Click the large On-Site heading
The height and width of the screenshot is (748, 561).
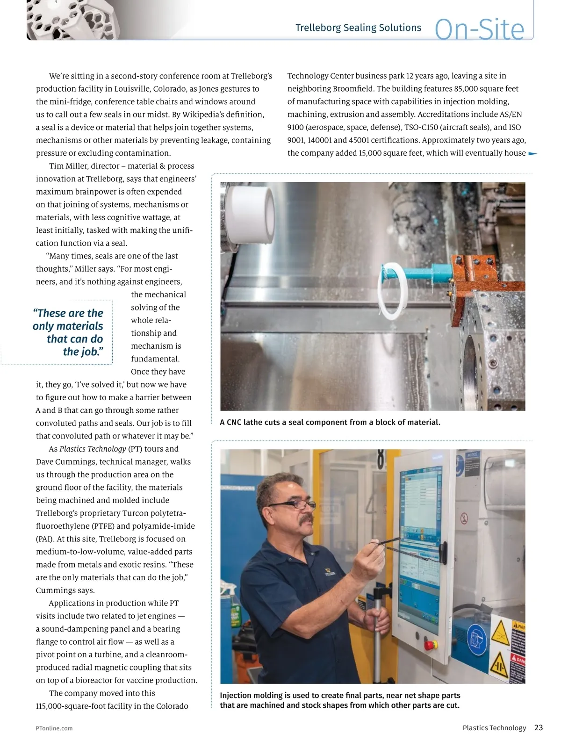479,29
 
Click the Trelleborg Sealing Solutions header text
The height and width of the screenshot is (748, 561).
358,28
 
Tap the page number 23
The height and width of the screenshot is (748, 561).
539,727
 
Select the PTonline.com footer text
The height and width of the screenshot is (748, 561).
54,728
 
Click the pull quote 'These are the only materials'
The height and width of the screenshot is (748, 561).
68,332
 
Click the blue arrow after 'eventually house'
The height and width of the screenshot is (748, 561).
532,153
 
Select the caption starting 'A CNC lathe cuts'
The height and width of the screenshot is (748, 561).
330,422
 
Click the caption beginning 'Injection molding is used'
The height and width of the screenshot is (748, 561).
340,700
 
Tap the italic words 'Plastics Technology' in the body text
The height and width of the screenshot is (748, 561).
93,449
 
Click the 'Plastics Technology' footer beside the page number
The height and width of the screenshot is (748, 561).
494,728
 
